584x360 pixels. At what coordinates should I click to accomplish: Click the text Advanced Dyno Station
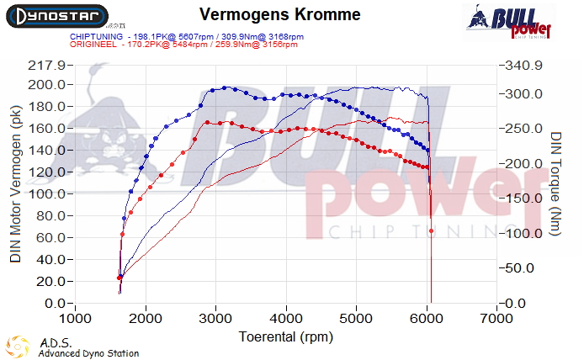pos(88,353)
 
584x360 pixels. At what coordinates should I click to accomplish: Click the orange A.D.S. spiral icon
pos(19,347)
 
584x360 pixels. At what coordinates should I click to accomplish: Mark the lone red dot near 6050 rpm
pos(431,230)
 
